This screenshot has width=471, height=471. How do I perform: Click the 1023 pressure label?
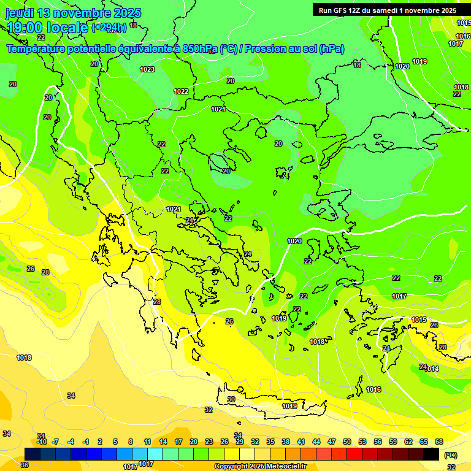[x=147, y=69]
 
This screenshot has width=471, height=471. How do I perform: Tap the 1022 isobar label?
[x=181, y=91]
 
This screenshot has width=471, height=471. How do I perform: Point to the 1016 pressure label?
[x=373, y=389]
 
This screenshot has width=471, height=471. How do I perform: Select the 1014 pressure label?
[x=432, y=369]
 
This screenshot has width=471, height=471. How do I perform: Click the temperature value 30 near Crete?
[x=231, y=399]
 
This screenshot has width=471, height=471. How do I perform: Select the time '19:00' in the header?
[x=25, y=28]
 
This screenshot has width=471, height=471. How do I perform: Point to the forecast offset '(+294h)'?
[x=109, y=28]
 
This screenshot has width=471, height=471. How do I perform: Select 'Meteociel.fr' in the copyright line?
[x=284, y=467]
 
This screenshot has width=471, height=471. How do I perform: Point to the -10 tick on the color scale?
[x=42, y=442]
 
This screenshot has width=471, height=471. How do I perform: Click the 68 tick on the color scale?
[x=439, y=442]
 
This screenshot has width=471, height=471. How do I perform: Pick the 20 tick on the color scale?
[x=194, y=442]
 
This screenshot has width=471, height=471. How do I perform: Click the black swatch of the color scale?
[x=431, y=453]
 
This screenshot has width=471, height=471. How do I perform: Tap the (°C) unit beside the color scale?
[x=451, y=455]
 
